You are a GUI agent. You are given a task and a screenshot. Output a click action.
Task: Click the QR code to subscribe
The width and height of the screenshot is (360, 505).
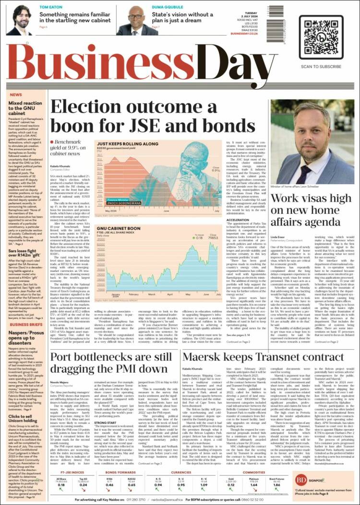[321, 37]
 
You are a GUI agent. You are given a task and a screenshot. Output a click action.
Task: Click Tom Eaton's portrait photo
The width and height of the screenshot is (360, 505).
[20, 20]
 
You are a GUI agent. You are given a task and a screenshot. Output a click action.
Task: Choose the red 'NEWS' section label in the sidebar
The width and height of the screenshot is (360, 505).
[16, 95]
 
